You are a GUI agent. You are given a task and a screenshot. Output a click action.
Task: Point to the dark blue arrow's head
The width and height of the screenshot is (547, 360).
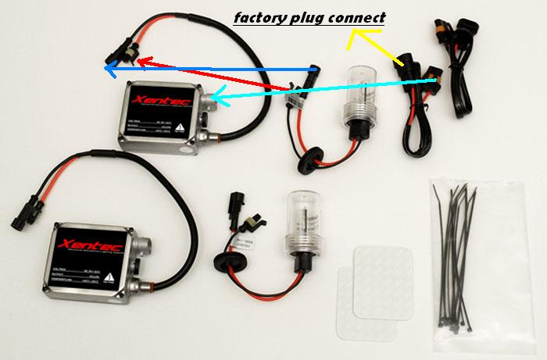109,72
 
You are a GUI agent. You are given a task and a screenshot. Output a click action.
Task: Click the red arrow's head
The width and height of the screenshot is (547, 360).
145,61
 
